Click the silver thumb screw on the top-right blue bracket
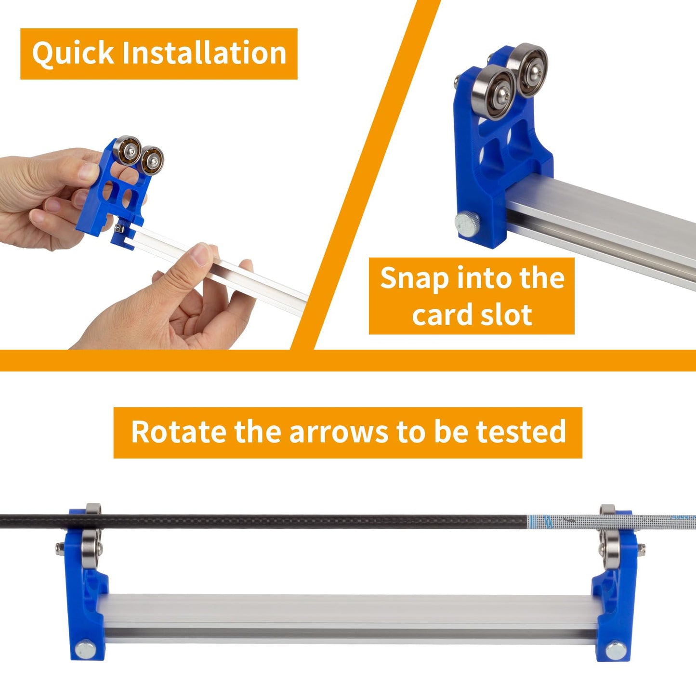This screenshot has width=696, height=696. [465, 223]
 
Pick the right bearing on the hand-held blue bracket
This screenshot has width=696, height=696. [152, 160]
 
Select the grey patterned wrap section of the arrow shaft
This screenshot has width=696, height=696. [612, 520]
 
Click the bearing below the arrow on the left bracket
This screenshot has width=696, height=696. [90, 549]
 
